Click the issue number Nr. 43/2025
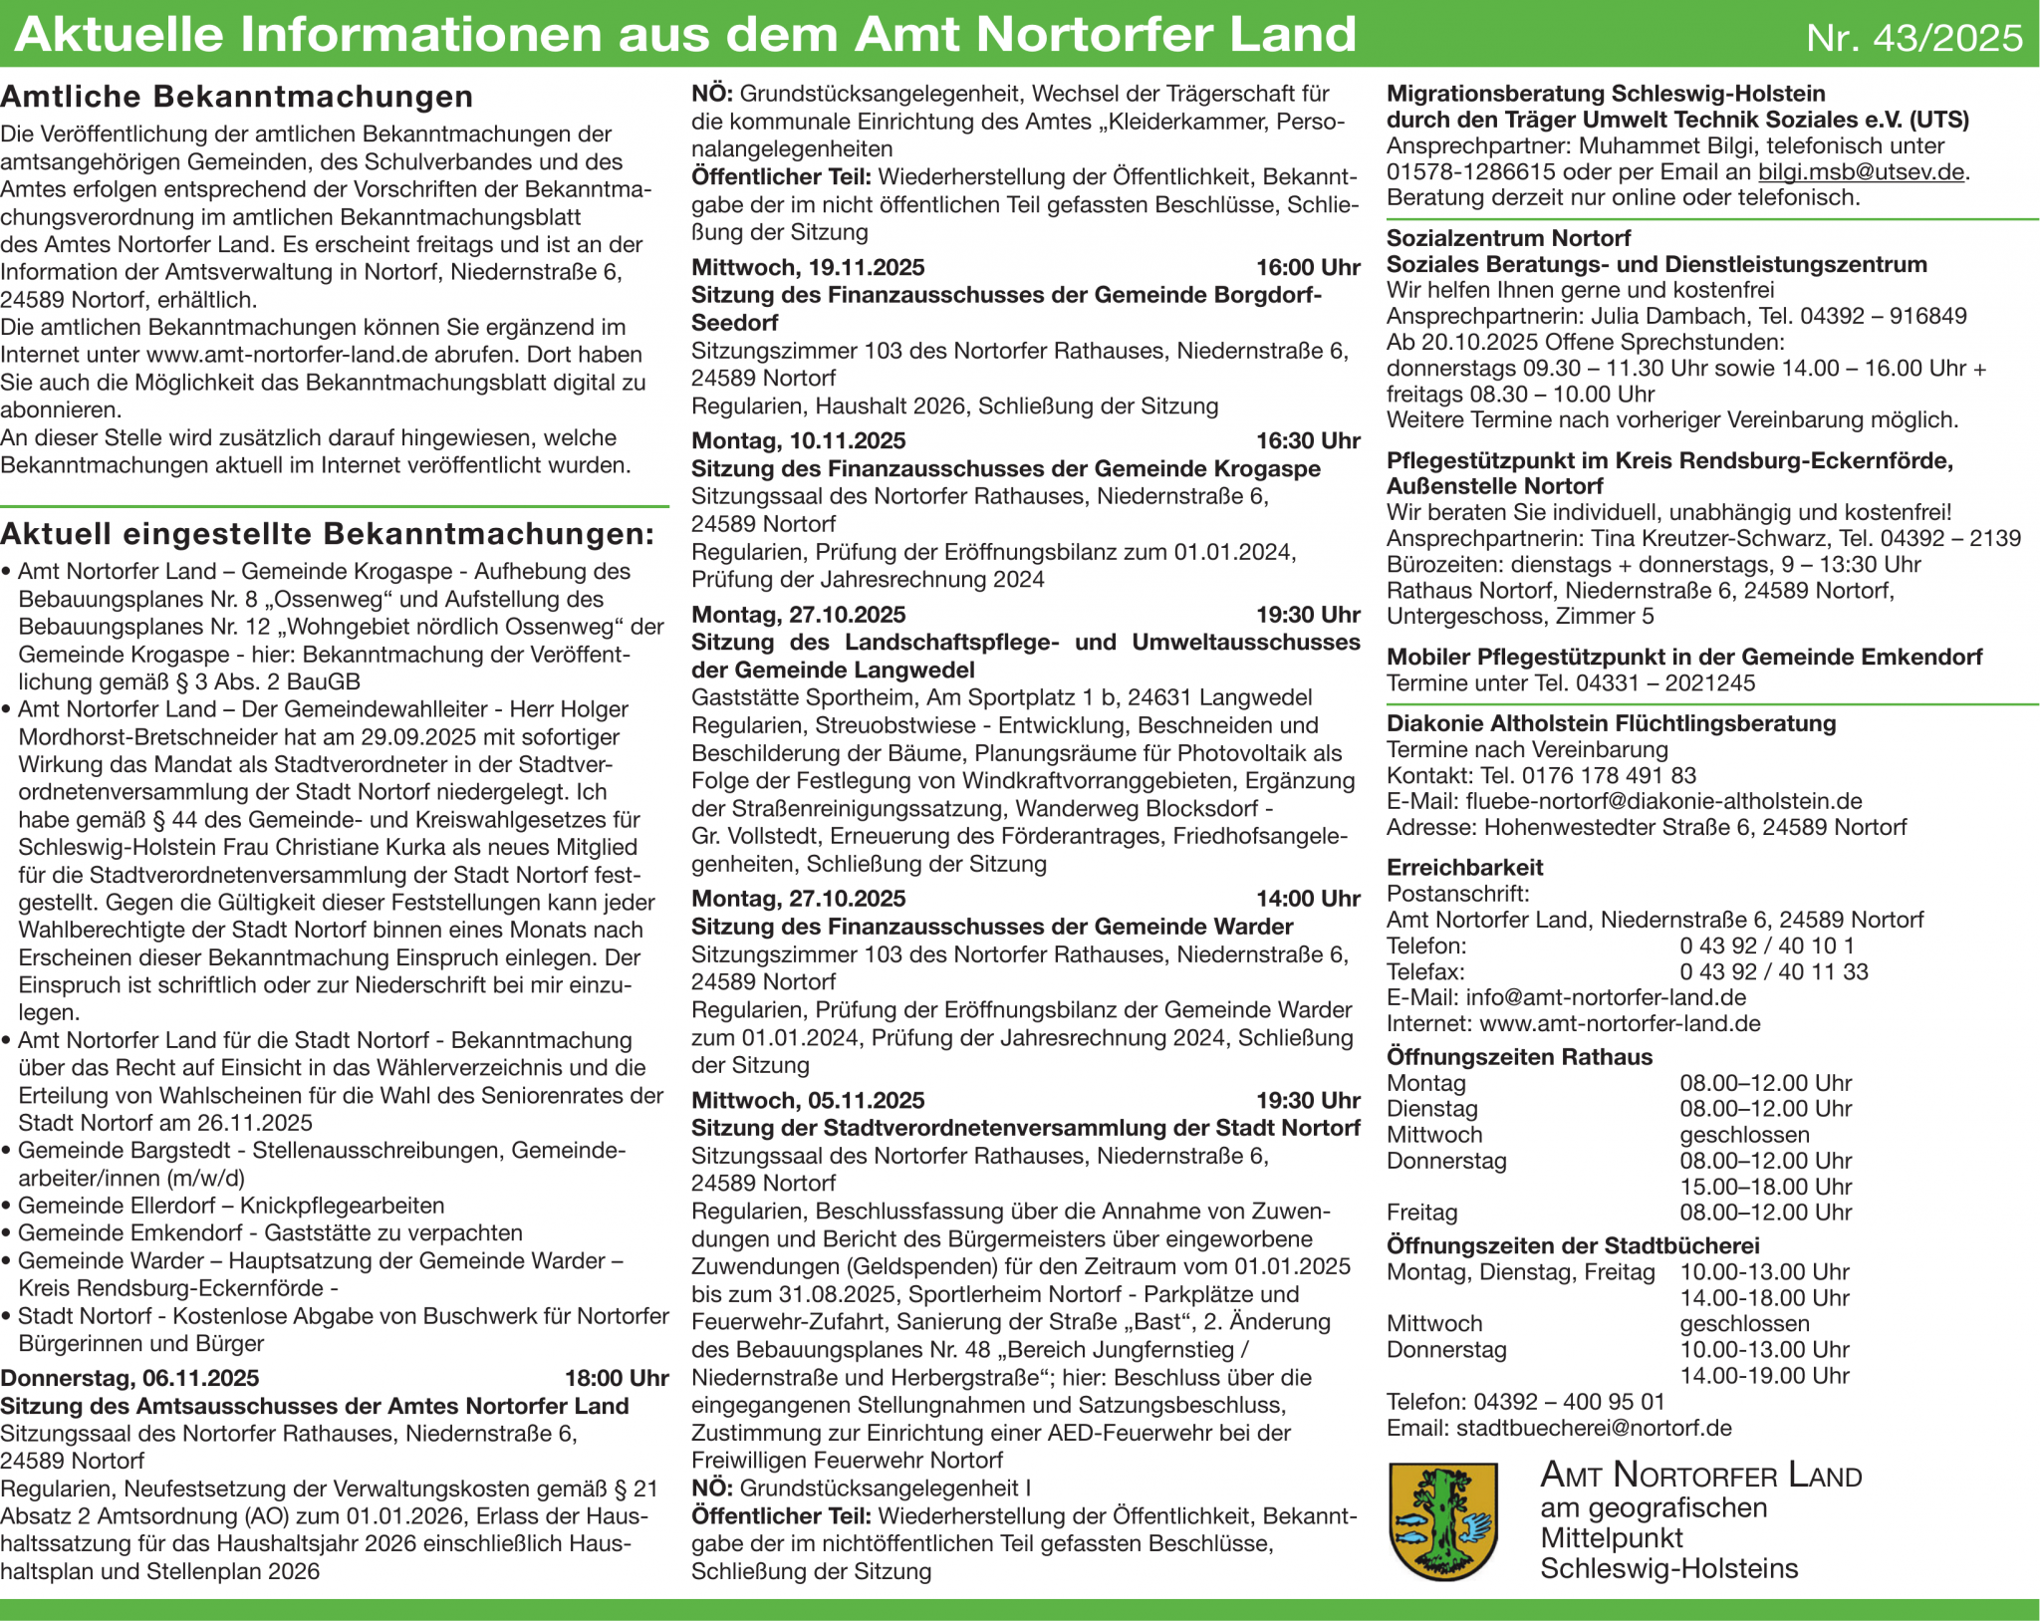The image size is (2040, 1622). pos(1913,38)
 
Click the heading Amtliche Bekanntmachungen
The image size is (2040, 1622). pos(237,97)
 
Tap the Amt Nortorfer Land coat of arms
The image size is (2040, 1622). pos(1442,1520)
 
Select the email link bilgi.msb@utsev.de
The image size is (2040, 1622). pos(1861,171)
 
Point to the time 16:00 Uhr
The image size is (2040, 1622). pos(1307,267)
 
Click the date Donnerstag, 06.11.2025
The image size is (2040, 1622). pos(129,1378)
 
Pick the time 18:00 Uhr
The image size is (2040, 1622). pos(616,1378)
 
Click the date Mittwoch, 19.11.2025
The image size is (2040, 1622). pos(808,267)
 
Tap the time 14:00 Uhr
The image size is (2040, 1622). pos(1307,899)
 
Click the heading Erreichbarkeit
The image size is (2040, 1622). pos(1464,867)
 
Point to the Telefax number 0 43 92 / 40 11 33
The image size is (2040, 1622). pos(1773,971)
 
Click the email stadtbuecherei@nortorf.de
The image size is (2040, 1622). pos(1594,1428)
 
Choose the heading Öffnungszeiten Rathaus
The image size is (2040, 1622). pos(1519,1056)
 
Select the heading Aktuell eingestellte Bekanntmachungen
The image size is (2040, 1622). pos(327,534)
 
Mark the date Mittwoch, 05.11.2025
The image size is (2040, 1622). pos(808,1100)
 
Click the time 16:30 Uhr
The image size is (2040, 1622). pos(1307,440)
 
